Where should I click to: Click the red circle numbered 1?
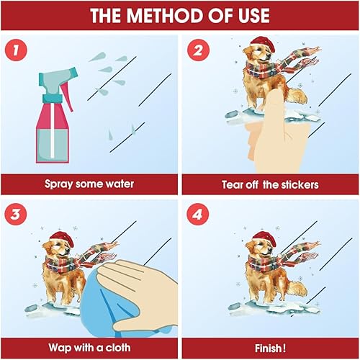click(x=16, y=50)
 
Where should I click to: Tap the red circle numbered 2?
click(x=198, y=50)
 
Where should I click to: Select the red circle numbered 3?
click(x=15, y=214)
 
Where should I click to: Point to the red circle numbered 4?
click(x=198, y=214)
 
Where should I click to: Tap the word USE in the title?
click(x=254, y=15)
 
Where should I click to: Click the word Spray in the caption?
click(x=59, y=184)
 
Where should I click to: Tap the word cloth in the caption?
click(x=118, y=347)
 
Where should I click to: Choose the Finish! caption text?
click(x=270, y=348)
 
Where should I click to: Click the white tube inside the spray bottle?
click(x=53, y=130)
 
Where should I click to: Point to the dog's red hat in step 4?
click(x=264, y=238)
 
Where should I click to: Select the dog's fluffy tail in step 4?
click(x=297, y=289)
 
